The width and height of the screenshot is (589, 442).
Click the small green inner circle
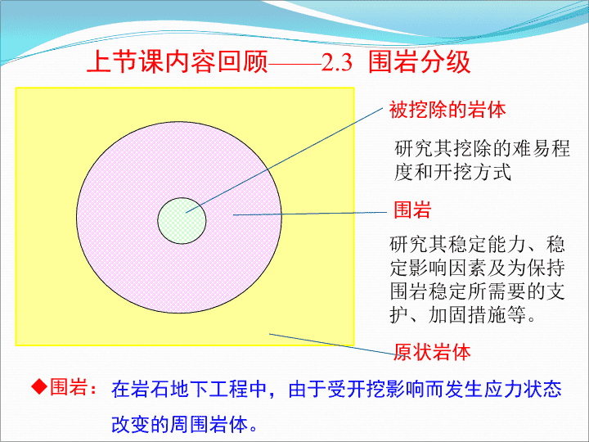(182, 221)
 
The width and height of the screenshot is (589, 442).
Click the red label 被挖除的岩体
(447, 110)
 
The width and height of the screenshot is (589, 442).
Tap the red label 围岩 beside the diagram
(412, 210)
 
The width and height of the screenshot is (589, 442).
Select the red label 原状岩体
(432, 352)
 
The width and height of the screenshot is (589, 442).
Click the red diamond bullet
(39, 386)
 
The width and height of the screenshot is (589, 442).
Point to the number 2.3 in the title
(336, 62)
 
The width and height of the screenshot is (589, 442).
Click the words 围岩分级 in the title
(419, 61)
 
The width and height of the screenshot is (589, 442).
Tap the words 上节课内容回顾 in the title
(178, 61)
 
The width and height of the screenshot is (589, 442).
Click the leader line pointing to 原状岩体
(331, 344)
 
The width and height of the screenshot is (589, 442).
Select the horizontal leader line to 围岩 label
(310, 214)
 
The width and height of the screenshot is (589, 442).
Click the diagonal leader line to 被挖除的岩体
(285, 160)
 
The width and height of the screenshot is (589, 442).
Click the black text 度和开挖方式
(452, 172)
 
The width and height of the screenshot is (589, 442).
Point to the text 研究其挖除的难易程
(482, 148)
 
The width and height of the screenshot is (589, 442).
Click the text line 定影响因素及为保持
(477, 268)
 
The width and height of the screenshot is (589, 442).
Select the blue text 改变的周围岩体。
(184, 424)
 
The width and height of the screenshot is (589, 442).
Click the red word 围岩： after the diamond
(74, 387)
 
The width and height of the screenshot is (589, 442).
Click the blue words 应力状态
(523, 389)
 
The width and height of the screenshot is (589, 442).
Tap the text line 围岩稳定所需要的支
(477, 291)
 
